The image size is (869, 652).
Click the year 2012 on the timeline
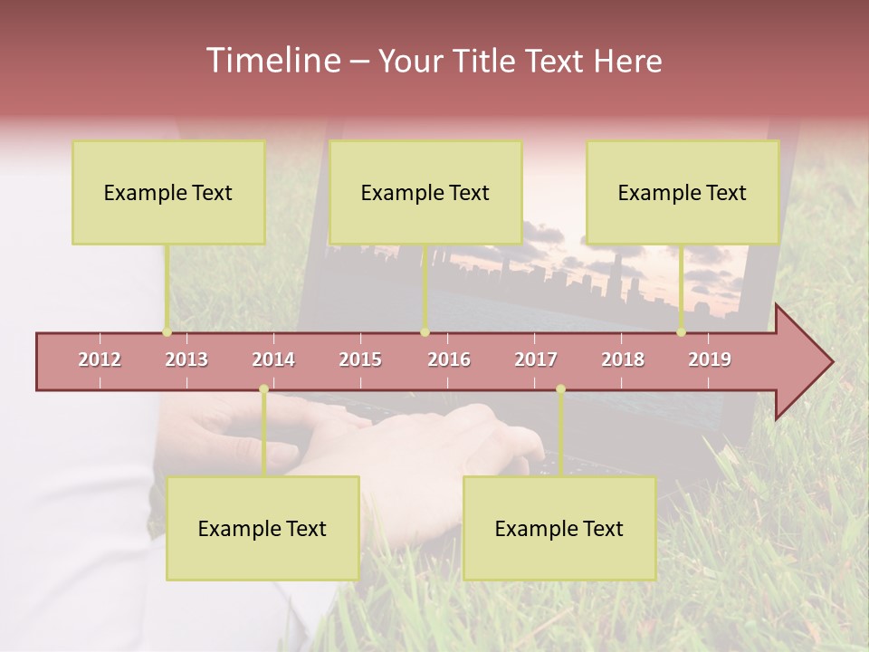pos(100,360)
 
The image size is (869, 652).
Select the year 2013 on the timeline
pos(186,360)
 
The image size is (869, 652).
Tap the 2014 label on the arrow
pos(273,360)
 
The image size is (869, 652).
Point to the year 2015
pos(360,360)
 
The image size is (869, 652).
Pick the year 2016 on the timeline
pos(449,360)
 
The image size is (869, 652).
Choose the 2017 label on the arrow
pos(536,360)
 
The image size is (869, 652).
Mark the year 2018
pos(623,360)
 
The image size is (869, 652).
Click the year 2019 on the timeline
pos(710,360)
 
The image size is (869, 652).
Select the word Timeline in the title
pos(271,61)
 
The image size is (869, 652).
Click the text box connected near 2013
pos(168,192)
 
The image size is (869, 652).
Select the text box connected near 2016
pos(425,192)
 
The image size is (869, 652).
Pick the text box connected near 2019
pos(683,192)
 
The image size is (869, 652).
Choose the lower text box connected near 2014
pos(263,528)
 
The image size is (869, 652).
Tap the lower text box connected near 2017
pos(559,528)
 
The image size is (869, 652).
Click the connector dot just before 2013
pos(167,332)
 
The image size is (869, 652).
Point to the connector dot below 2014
pos(263,389)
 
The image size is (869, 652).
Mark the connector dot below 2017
pos(560,389)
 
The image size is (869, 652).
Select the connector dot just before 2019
pos(681,332)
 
